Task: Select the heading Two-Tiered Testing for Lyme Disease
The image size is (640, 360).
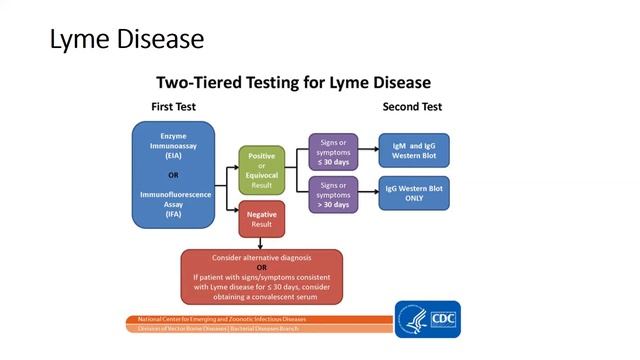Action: tap(293, 82)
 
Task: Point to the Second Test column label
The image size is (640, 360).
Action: tap(412, 106)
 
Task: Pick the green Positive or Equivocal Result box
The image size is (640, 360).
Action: tap(261, 169)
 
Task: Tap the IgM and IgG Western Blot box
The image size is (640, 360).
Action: tap(414, 150)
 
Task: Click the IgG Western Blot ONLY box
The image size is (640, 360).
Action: tap(414, 193)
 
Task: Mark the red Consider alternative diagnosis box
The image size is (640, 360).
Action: tap(261, 276)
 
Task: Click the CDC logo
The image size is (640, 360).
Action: tap(441, 319)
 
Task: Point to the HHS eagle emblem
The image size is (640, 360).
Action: tap(411, 319)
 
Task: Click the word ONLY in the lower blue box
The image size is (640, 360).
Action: tap(414, 199)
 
